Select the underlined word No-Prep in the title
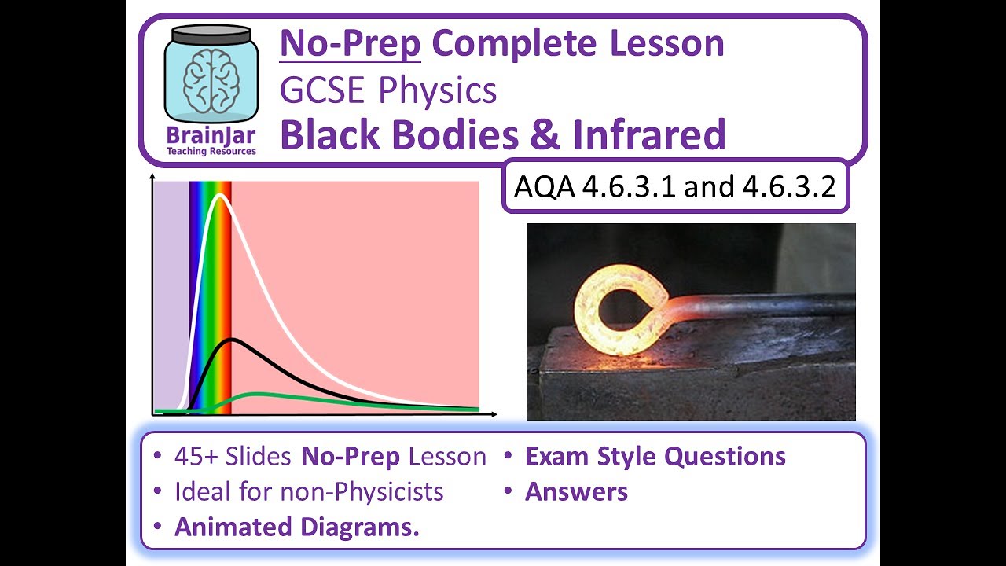click(351, 44)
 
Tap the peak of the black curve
click(231, 340)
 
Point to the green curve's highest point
click(255, 393)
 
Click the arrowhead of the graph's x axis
click(493, 413)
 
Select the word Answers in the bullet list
click(576, 492)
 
